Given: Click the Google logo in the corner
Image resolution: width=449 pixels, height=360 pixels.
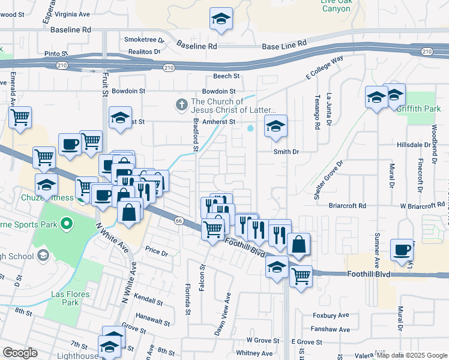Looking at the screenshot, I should [20, 353].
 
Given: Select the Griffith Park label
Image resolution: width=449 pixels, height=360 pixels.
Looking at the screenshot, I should [422, 109].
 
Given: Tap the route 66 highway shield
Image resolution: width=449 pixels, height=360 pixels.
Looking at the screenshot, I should [178, 221].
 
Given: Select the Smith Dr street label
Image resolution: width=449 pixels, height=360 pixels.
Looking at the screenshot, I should [286, 152].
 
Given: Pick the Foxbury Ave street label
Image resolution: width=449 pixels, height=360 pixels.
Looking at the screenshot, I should [330, 315].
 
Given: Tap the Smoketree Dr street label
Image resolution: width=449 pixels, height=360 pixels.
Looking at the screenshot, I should [144, 40].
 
